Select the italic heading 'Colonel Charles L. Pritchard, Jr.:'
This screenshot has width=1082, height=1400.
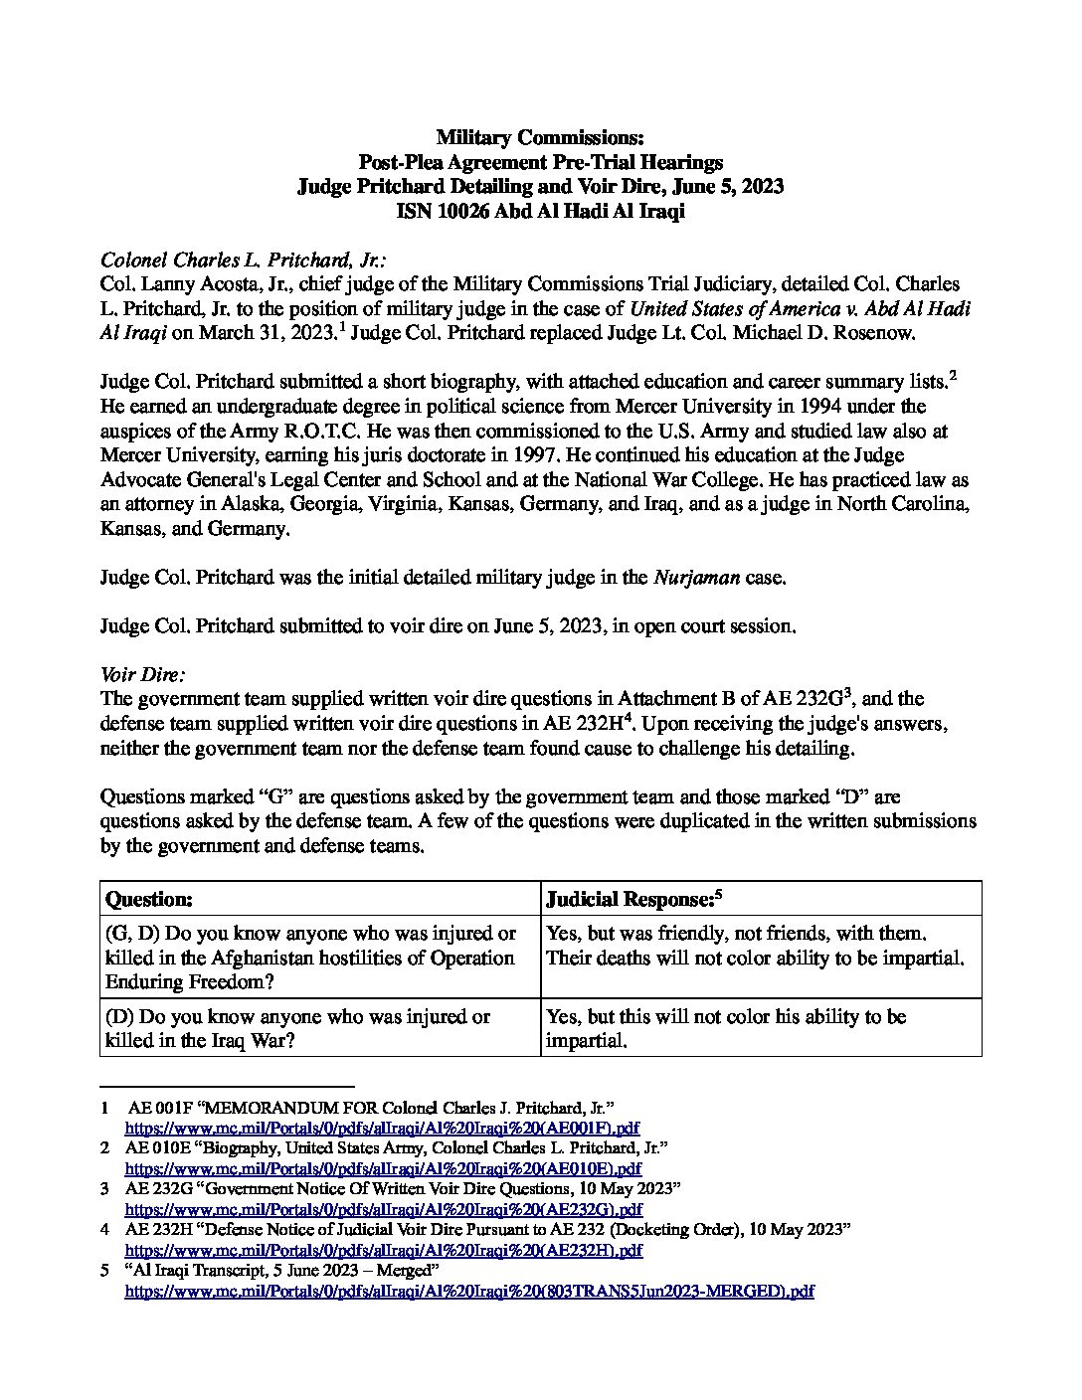(x=243, y=261)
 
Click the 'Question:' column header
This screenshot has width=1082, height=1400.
(x=149, y=899)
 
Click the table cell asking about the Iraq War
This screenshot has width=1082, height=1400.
(x=298, y=1029)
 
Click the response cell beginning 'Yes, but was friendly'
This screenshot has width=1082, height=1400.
(x=737, y=934)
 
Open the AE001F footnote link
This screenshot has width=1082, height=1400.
(x=381, y=1129)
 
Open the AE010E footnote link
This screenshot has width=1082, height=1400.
(x=382, y=1168)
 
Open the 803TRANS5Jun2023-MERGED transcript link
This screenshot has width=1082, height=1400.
(x=468, y=1291)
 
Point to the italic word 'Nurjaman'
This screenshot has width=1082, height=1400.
(x=695, y=578)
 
